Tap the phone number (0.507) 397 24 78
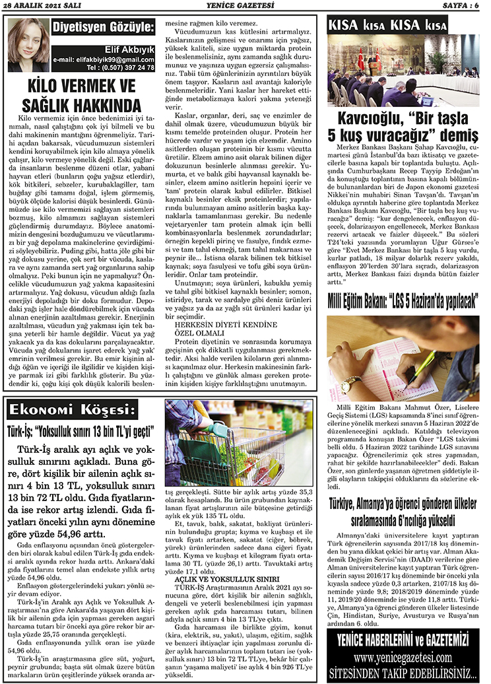124,67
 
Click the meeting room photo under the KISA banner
403,71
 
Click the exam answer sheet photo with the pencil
403,357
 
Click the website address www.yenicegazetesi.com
403,658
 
